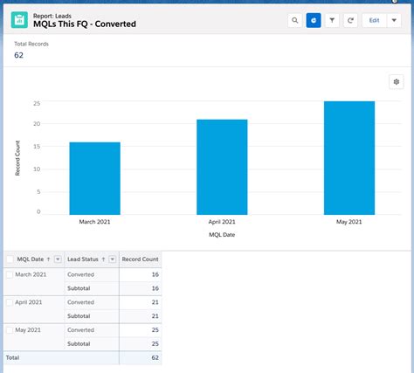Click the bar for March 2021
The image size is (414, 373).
(x=94, y=178)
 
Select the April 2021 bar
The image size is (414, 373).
(x=222, y=167)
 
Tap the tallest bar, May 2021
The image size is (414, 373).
(x=349, y=158)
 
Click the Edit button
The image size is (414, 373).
(x=374, y=20)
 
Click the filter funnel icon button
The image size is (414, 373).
(x=332, y=20)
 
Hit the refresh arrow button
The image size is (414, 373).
(x=350, y=20)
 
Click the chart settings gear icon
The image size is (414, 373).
(x=396, y=81)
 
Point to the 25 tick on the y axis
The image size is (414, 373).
(x=37, y=102)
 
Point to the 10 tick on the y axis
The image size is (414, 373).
(x=37, y=168)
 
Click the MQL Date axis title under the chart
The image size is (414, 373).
(x=222, y=234)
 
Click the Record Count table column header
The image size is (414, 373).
(x=140, y=259)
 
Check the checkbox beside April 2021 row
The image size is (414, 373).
(x=10, y=301)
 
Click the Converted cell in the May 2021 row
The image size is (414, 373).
(x=80, y=330)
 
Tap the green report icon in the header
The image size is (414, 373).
(x=20, y=20)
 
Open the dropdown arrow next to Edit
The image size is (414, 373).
(x=395, y=20)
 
